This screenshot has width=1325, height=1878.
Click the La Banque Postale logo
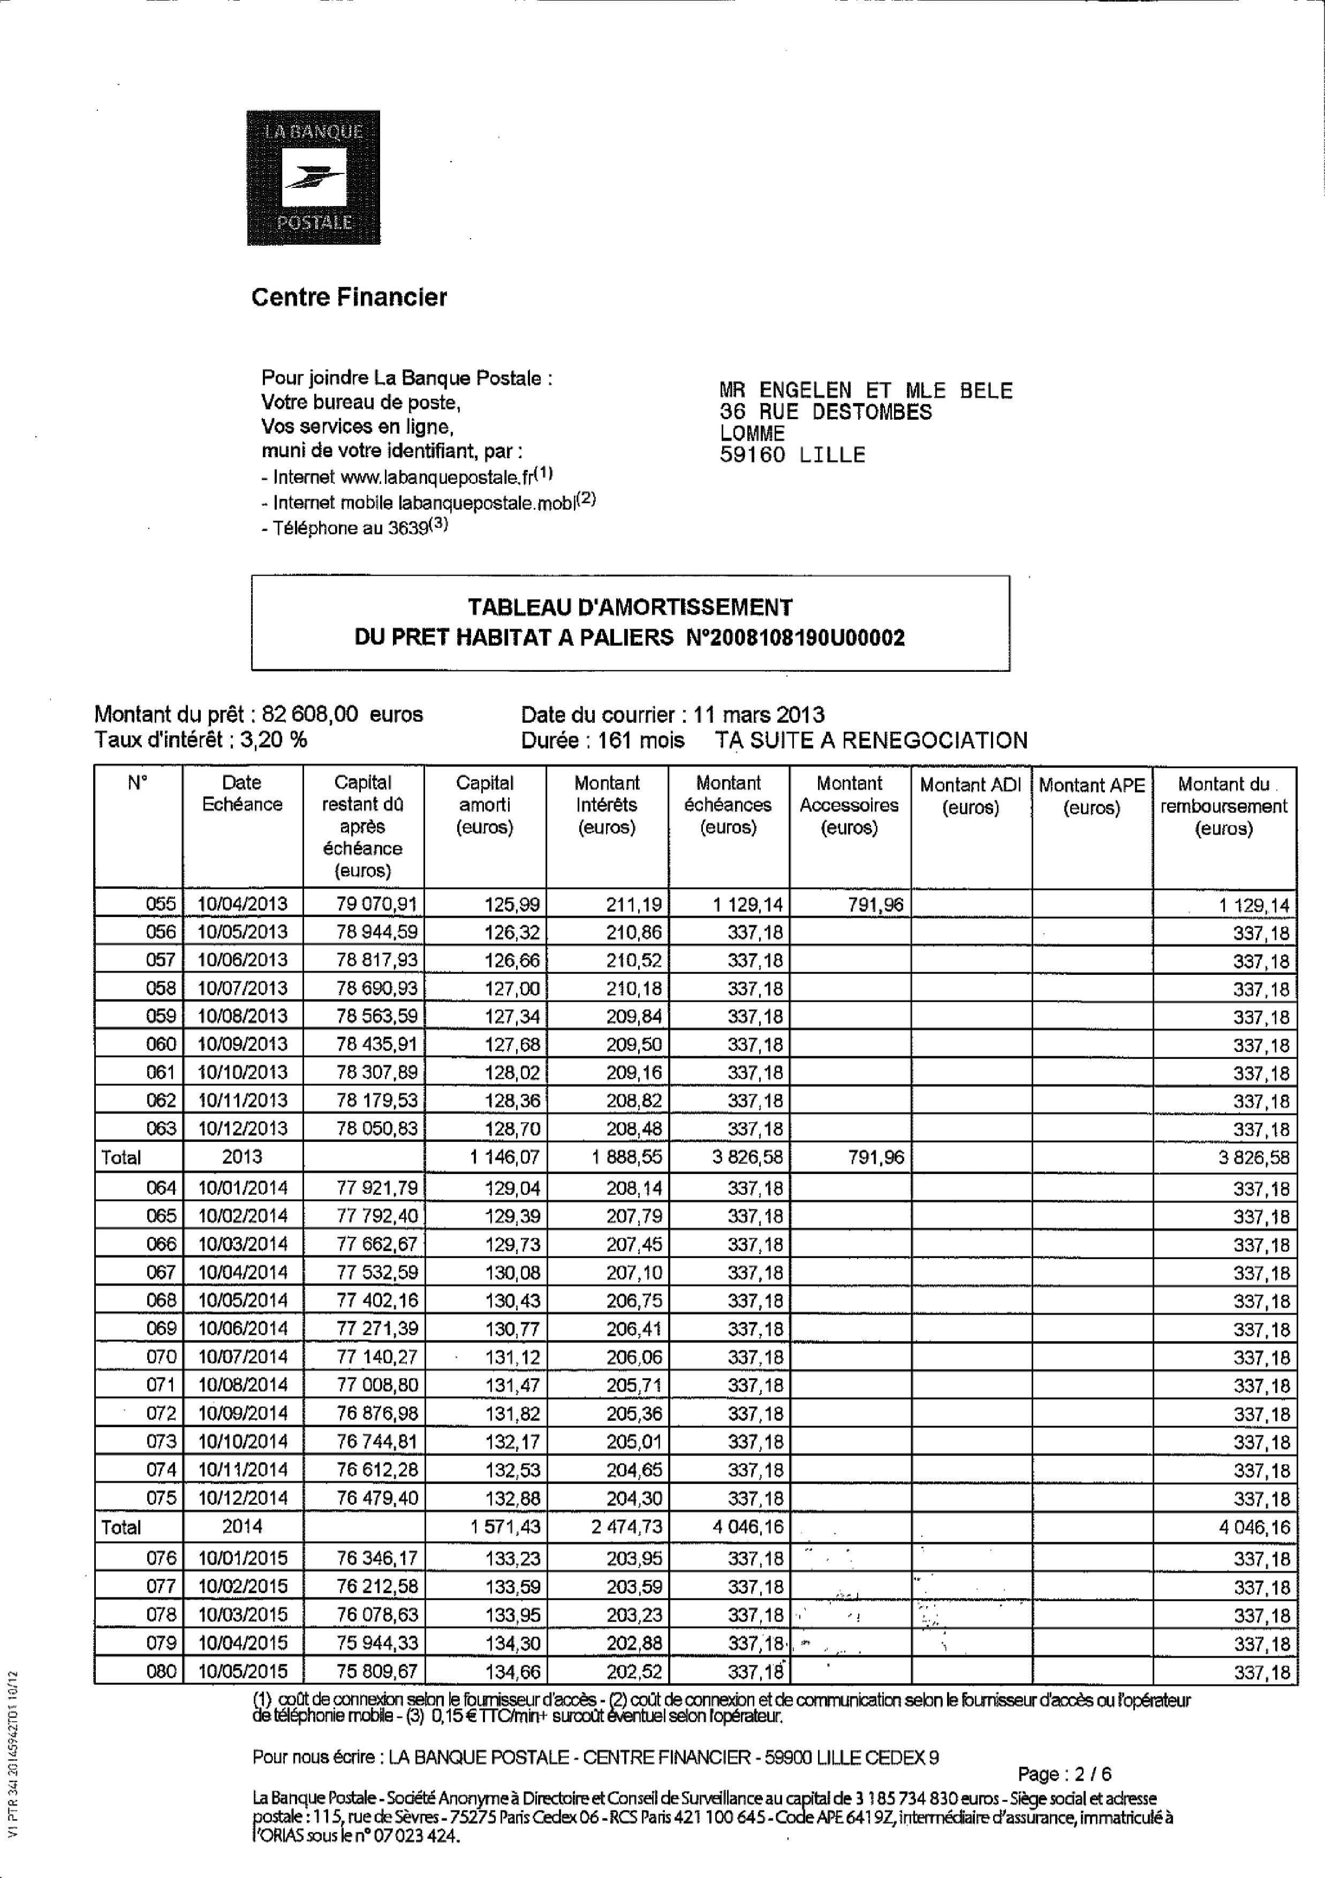313,178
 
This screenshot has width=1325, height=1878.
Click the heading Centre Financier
349,297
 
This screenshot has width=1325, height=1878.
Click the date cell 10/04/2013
243,904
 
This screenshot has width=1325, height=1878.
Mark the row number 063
161,1128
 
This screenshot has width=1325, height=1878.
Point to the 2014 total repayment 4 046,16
1253,1527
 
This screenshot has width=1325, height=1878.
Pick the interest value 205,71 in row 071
634,1385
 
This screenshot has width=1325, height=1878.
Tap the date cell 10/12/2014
243,1498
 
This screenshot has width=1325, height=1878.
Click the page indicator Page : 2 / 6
1064,1774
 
